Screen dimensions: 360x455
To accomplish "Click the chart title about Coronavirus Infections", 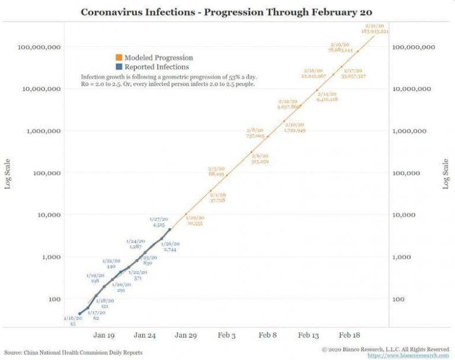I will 227,11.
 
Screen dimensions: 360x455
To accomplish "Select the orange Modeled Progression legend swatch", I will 119,58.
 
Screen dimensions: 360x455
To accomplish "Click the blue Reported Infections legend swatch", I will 119,67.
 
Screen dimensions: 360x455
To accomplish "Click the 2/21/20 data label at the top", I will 376,28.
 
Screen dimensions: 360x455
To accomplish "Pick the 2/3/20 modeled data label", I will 216,172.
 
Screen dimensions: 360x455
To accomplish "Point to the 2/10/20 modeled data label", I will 294,127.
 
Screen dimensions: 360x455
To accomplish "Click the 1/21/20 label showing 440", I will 110,264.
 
